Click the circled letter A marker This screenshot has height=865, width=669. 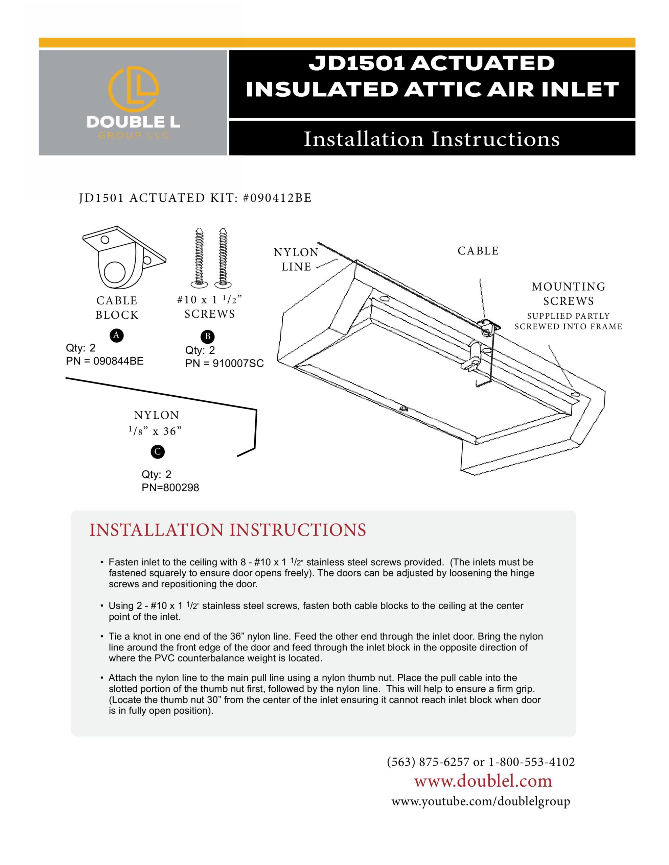[x=116, y=336]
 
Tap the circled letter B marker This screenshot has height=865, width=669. [x=207, y=337]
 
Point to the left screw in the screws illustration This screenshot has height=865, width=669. [x=199, y=257]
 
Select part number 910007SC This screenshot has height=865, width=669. [x=238, y=364]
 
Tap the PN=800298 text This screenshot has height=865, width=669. [x=170, y=488]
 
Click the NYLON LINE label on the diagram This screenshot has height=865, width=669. [x=296, y=259]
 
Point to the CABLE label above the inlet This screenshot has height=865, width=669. [x=478, y=251]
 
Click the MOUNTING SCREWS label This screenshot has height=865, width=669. [x=568, y=294]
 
